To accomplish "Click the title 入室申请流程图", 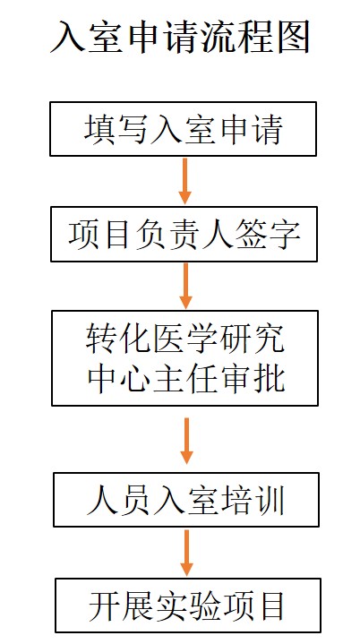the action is point(180,38).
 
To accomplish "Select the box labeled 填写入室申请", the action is point(183,129).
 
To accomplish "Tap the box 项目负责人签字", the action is point(184,234).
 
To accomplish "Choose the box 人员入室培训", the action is point(186,500).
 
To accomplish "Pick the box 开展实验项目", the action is point(188,605).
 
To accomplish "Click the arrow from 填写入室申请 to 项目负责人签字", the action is point(185,181).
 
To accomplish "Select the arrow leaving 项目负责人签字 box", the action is point(186,286).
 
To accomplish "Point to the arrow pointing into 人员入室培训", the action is point(187,441).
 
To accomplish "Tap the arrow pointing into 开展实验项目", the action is point(187,553).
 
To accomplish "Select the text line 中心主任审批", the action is point(185,377).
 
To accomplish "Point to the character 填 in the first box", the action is point(99,129).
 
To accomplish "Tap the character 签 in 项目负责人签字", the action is point(251,235).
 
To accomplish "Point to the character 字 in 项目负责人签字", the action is point(284,235).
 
